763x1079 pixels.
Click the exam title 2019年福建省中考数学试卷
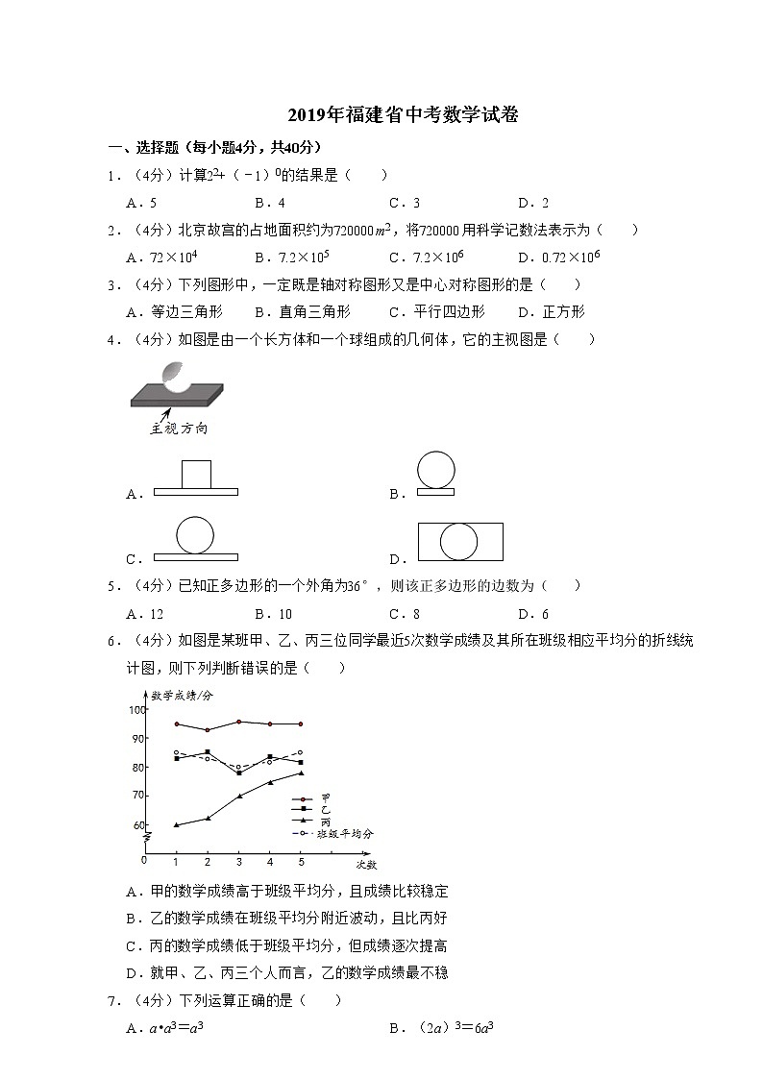(403, 116)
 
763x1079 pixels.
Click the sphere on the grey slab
(175, 376)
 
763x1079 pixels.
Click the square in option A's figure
(196, 475)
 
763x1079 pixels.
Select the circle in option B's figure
(436, 470)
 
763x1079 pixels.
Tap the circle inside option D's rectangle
(459, 541)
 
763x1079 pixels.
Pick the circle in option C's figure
(195, 535)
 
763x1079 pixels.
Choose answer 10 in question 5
(279, 614)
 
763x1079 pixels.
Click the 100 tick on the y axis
(135, 710)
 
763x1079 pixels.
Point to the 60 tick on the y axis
(137, 825)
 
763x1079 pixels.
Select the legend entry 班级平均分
(343, 834)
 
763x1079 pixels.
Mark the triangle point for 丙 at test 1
(176, 824)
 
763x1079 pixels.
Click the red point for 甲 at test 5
(301, 723)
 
